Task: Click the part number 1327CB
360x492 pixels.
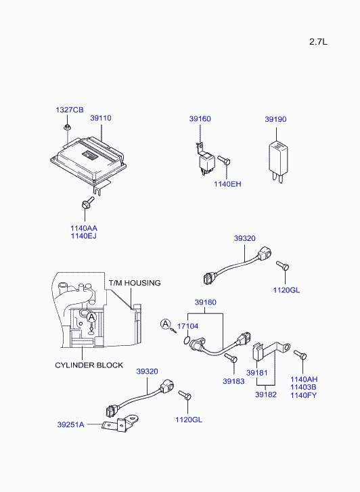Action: pos(70,110)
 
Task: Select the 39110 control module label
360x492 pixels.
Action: pos(101,118)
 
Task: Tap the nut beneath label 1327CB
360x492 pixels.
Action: pos(67,127)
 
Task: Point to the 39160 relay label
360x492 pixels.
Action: pos(200,118)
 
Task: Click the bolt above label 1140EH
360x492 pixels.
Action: pos(224,160)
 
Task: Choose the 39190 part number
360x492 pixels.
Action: pos(275,119)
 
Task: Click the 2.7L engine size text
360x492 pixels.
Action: pos(318,42)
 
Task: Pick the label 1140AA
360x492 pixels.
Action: pos(84,228)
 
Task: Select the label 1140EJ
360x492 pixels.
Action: pos(83,236)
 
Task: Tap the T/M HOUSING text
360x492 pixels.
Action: pos(135,283)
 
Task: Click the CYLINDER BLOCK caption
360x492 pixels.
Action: pos(89,365)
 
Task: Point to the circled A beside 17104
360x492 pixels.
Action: pos(165,324)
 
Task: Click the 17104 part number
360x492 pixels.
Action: pos(187,326)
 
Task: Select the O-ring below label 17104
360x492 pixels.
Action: pos(187,340)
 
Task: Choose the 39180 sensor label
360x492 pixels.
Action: pos(206,302)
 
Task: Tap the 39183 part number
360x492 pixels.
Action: pos(233,381)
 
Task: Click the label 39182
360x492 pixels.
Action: pos(266,395)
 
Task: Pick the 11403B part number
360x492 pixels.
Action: pos(303,387)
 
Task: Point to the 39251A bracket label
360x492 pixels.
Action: pos(70,425)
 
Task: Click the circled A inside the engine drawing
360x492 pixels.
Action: pos(91,317)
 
